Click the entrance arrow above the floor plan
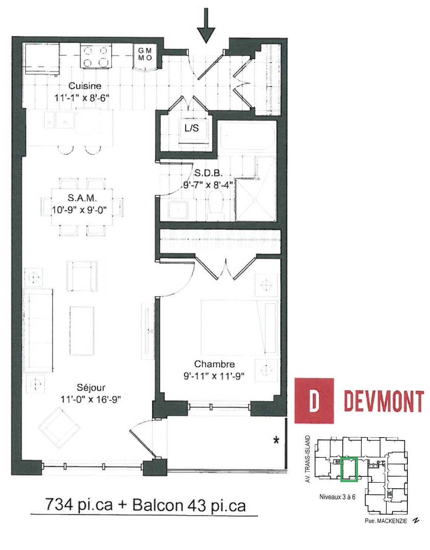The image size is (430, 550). tap(207, 25)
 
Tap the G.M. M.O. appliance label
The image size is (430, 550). tap(145, 54)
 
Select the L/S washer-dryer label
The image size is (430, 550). tap(192, 128)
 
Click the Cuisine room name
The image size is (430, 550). tap(85, 86)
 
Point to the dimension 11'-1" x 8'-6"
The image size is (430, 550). tap(82, 98)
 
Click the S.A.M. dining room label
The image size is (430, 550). tap(82, 198)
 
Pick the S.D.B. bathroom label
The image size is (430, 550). tap(208, 174)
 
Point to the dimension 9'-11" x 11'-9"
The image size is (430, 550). tap(214, 376)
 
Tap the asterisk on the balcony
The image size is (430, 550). tap(276, 440)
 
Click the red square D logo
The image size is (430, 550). tap(314, 401)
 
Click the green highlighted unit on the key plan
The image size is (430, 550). tap(349, 469)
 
